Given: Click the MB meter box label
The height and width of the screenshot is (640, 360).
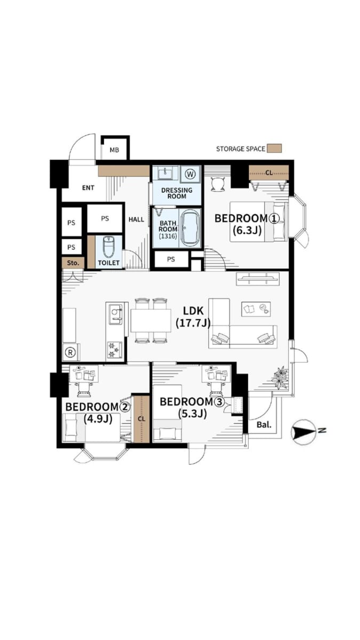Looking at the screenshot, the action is coord(114,150).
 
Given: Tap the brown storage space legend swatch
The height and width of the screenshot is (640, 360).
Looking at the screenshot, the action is coord(274,148).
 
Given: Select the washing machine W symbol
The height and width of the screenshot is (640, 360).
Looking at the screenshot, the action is coord(190,174).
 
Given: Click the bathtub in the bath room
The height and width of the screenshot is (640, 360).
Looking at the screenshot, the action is coord(190,228).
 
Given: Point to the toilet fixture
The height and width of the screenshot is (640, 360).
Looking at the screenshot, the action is coord(108,247).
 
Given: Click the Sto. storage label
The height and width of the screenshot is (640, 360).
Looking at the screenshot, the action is coord(73,263).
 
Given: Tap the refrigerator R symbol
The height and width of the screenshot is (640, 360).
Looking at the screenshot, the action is coord(70,353).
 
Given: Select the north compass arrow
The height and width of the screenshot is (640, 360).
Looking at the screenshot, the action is coord(303,432).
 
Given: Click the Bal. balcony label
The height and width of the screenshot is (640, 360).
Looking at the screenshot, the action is coord(263,425).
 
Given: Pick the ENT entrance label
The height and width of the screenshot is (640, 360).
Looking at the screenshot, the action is coord(88,188).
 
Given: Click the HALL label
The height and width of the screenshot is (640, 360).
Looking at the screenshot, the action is coord(137,219).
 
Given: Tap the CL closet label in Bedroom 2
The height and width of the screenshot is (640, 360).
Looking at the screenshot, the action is coord(142,419).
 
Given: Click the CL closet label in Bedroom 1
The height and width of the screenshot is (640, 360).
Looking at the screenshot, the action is coord(269,173).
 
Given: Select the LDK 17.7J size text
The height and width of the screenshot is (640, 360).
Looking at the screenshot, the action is coord(193,323).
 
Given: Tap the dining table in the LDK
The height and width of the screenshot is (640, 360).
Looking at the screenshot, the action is coord(151,321).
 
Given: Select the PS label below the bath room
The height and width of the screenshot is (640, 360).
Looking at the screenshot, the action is coord(171,259).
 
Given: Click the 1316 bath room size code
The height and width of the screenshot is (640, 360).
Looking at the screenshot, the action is coord(168,236).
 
